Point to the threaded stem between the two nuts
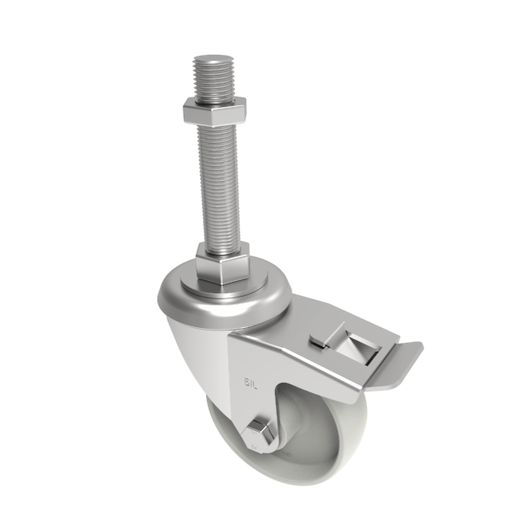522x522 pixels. pos(219,183)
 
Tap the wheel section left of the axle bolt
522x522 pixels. pos(228,435)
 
